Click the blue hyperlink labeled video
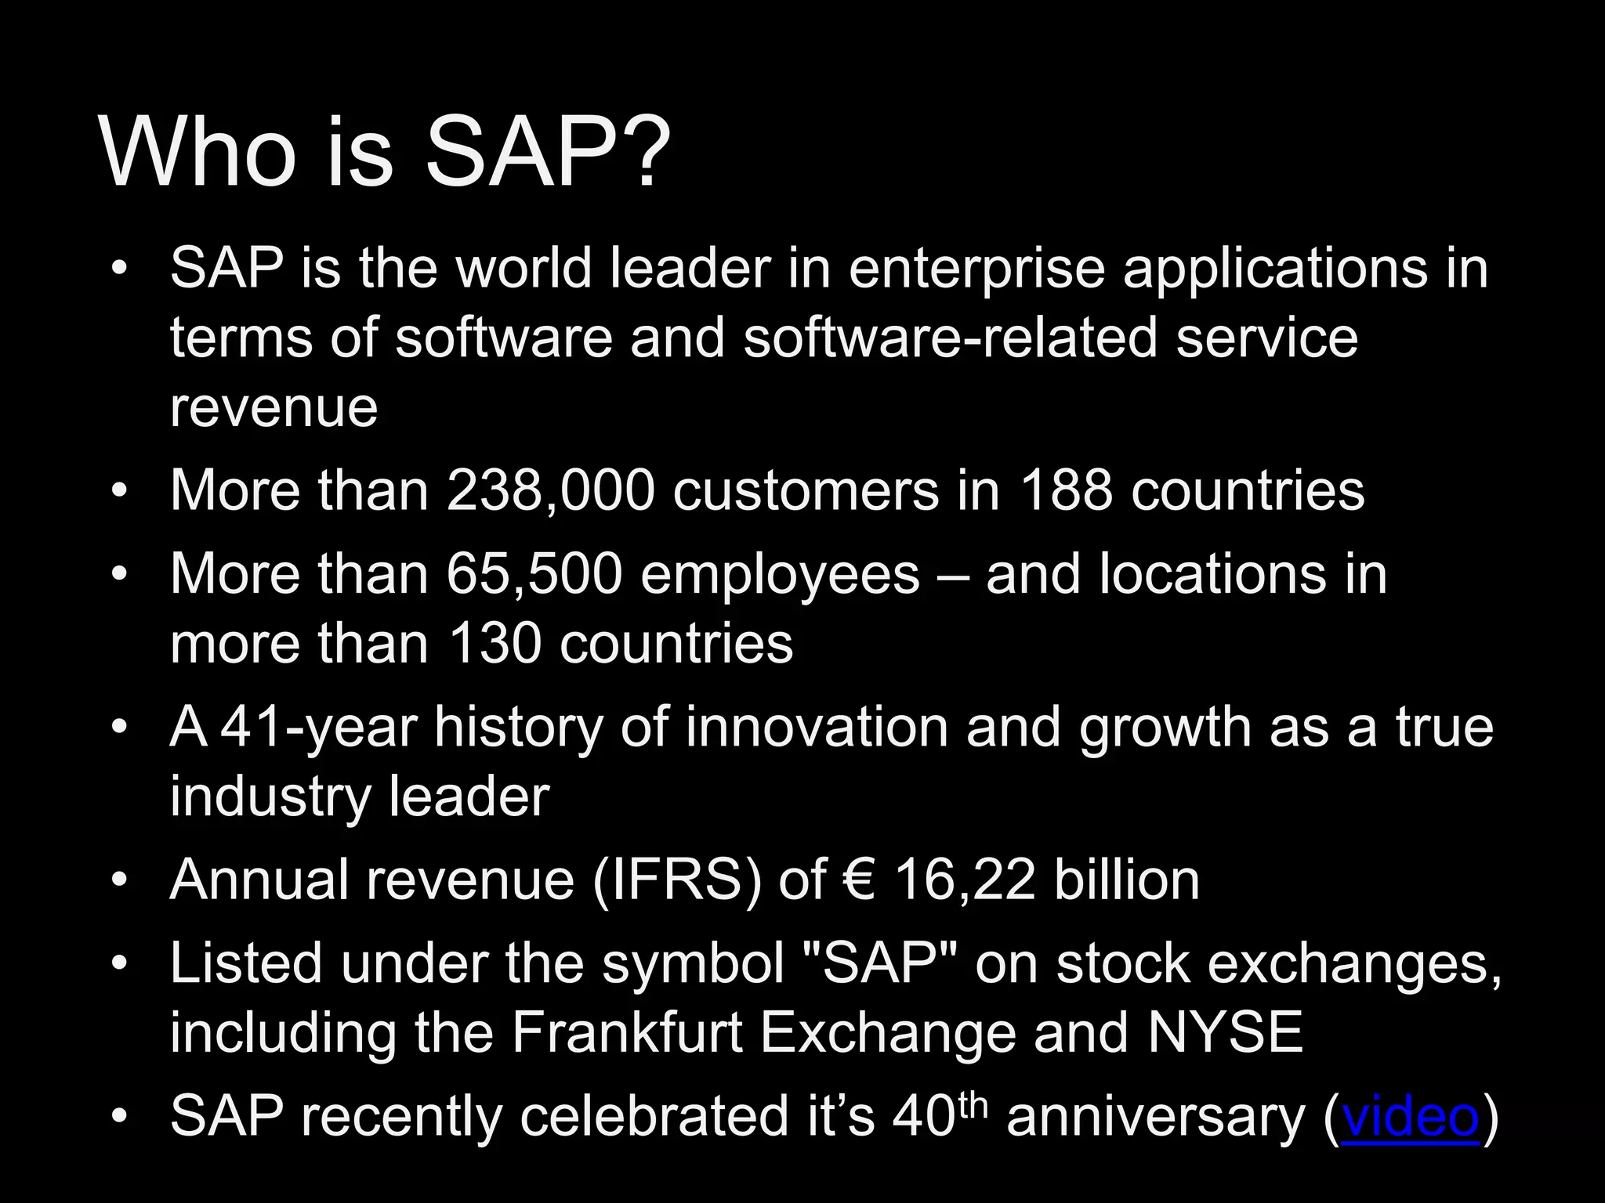1411,1116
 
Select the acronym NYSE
1225,1032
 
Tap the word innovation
817,727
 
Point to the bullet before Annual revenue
118,880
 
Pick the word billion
1126,880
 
